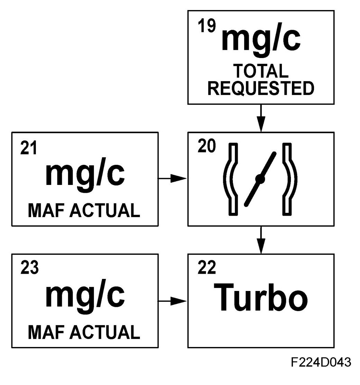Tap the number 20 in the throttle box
[x=207, y=147]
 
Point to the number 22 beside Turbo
[x=207, y=268]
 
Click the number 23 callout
[x=29, y=268]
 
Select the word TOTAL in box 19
[x=260, y=71]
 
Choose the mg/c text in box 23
[x=85, y=295]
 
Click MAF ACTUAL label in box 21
[x=84, y=210]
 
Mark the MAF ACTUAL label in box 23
[x=84, y=332]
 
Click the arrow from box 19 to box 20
[x=261, y=118]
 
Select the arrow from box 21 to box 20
[x=173, y=179]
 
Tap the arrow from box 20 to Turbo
[x=261, y=240]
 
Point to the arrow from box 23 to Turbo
[x=173, y=301]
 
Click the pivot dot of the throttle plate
[x=260, y=179]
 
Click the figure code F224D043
[x=321, y=362]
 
